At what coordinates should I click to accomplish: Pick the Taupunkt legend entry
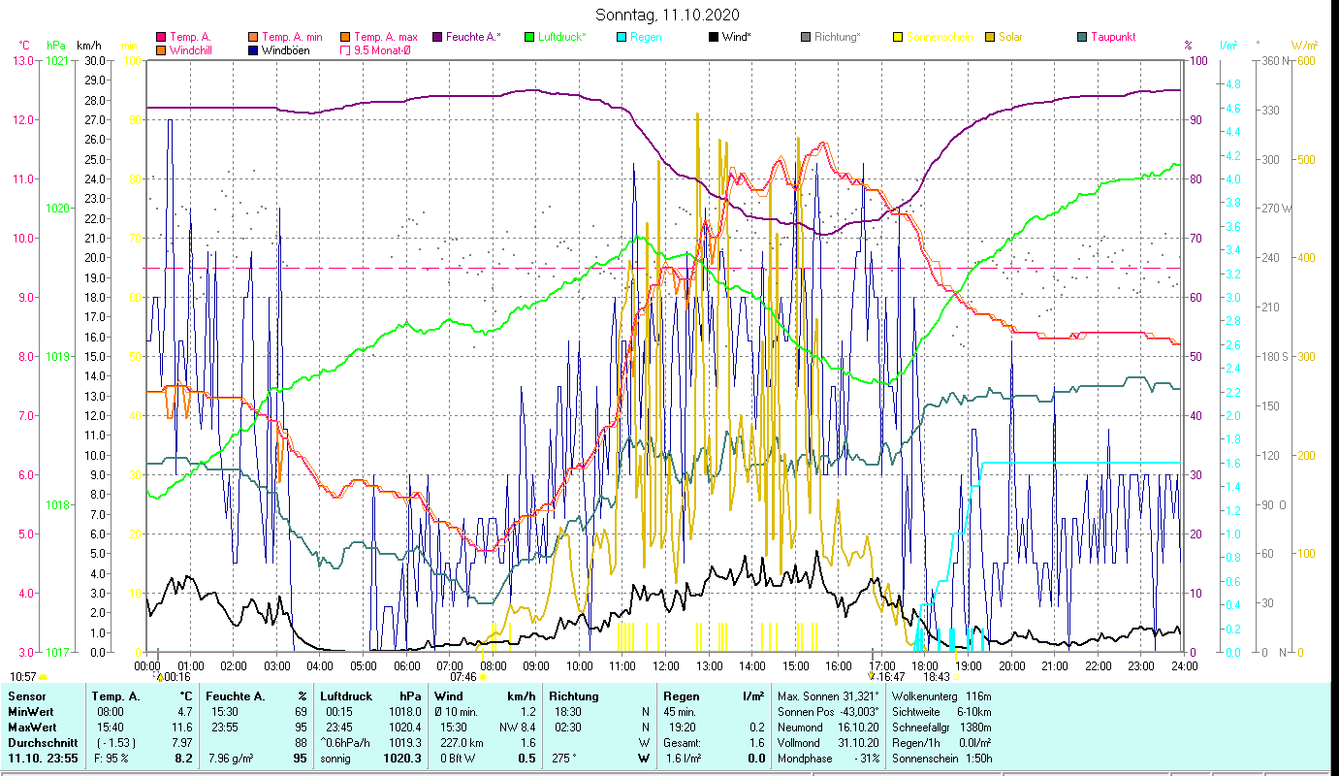(x=1112, y=37)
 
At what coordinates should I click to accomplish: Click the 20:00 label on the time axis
(x=1012, y=666)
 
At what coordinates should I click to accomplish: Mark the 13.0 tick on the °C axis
(x=21, y=61)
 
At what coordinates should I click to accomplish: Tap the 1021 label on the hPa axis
(x=57, y=61)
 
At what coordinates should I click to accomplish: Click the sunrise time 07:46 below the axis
(x=462, y=677)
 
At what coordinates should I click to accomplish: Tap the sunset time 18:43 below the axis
(x=937, y=677)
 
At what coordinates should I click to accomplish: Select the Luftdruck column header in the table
(x=346, y=696)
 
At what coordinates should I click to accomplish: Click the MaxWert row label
(x=32, y=727)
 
